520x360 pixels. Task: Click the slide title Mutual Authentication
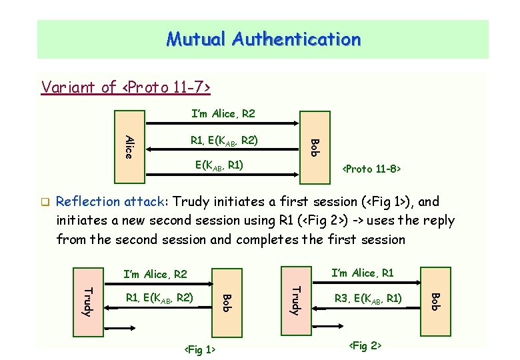[x=263, y=39]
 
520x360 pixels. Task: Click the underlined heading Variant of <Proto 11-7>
[x=126, y=87]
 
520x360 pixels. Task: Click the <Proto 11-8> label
[x=371, y=169]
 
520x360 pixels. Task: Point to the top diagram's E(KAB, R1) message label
[x=219, y=165]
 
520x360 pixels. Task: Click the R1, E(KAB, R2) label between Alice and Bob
[x=224, y=140]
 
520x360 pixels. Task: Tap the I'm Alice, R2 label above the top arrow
[x=223, y=114]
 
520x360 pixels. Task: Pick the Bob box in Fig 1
[x=226, y=301]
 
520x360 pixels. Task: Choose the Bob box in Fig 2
[x=435, y=301]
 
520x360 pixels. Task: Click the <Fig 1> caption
[x=199, y=349]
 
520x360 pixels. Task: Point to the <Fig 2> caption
[x=365, y=345]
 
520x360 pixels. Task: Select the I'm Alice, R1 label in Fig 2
[x=363, y=273]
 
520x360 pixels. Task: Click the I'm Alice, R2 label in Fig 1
[x=156, y=274]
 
